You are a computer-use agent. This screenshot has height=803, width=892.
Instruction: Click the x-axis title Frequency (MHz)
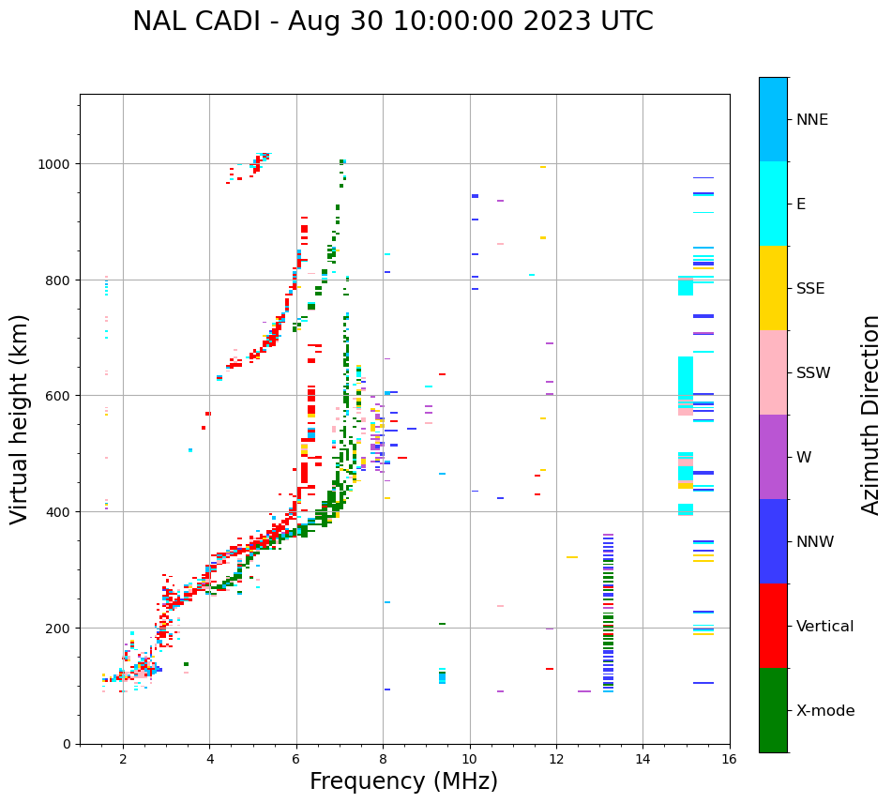pos(403,781)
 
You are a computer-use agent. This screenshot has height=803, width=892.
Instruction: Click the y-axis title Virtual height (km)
pos(20,418)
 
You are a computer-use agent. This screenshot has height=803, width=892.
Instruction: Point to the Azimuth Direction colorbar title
pos(871,415)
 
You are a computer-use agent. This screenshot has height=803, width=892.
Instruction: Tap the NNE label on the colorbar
pos(812,119)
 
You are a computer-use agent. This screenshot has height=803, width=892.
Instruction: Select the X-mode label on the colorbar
pos(825,711)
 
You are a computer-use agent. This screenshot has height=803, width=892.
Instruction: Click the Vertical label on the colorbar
pos(825,627)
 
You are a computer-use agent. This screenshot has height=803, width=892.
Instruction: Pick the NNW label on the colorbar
pos(815,542)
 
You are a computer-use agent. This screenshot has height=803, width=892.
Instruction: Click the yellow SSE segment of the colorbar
pos(773,288)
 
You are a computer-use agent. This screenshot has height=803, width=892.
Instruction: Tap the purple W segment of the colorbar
pos(773,457)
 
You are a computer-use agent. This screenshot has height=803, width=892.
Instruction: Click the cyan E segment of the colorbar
pos(773,204)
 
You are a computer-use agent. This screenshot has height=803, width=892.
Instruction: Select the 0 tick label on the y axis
pos(68,744)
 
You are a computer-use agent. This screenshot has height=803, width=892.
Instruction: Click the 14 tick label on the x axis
pos(643,760)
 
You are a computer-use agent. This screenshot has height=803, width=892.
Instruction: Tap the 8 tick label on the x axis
pos(383,760)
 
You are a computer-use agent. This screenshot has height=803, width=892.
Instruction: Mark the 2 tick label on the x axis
pos(123,760)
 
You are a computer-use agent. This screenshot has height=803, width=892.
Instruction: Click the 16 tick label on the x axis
pos(729,760)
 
